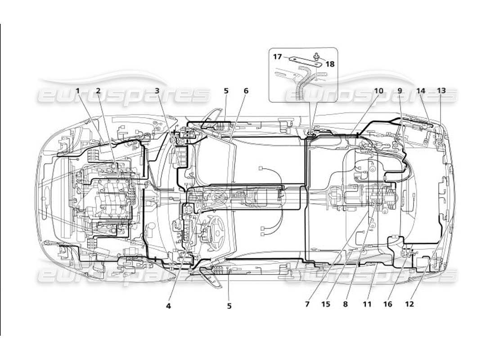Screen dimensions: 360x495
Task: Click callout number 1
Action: [78, 91]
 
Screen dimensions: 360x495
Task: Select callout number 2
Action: [98, 91]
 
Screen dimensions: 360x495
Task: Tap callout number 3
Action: [157, 91]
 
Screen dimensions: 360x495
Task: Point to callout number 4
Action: [168, 306]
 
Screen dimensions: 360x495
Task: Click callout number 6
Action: [246, 91]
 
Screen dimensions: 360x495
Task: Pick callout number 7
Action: [307, 304]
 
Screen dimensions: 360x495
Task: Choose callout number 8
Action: [346, 304]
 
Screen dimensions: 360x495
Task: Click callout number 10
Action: [378, 91]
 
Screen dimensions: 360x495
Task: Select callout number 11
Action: [367, 304]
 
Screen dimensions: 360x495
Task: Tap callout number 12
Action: [409, 304]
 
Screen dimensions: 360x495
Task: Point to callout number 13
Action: [441, 91]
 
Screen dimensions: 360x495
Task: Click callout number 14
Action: [421, 91]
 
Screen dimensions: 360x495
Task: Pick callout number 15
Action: [326, 304]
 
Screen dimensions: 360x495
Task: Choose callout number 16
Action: [387, 304]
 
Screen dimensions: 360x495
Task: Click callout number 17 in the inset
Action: [277, 57]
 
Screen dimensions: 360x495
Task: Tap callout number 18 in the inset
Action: [330, 64]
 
